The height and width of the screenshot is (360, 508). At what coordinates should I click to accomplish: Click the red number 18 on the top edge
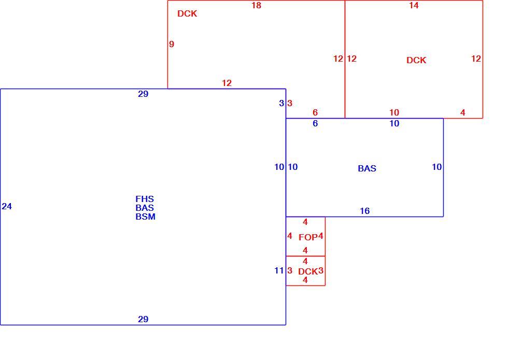tap(256, 6)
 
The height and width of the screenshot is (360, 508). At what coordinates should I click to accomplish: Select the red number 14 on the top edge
tap(414, 6)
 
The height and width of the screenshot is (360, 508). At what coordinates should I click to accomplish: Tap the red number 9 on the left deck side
tap(172, 44)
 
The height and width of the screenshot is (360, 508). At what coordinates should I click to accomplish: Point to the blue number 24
tap(7, 206)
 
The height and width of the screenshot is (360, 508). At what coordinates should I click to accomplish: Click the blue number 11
tap(279, 270)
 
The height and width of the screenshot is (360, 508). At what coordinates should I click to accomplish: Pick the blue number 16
tap(365, 211)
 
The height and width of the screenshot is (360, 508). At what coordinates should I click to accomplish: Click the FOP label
tap(308, 237)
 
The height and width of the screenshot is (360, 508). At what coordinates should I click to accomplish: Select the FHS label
tap(145, 199)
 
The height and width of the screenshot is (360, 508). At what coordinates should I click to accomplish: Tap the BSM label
tap(145, 217)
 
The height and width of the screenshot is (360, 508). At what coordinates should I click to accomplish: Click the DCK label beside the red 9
tap(187, 13)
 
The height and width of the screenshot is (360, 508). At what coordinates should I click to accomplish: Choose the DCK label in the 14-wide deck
tap(416, 60)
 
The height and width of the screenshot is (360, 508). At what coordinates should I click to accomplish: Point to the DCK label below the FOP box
tap(308, 271)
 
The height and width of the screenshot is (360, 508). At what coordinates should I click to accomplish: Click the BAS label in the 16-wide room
tap(367, 168)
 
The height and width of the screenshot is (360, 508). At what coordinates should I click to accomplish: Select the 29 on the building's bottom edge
tap(143, 319)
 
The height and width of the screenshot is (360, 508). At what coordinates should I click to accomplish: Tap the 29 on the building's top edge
tap(143, 94)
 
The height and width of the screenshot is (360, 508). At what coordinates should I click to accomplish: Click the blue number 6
tap(315, 123)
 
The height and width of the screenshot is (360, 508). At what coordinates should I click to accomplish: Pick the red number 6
tap(315, 112)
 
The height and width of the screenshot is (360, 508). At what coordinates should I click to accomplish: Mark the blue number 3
tap(281, 103)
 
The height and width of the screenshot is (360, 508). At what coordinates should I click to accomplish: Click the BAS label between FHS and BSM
tap(145, 208)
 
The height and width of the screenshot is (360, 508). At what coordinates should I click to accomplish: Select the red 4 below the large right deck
tap(462, 112)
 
